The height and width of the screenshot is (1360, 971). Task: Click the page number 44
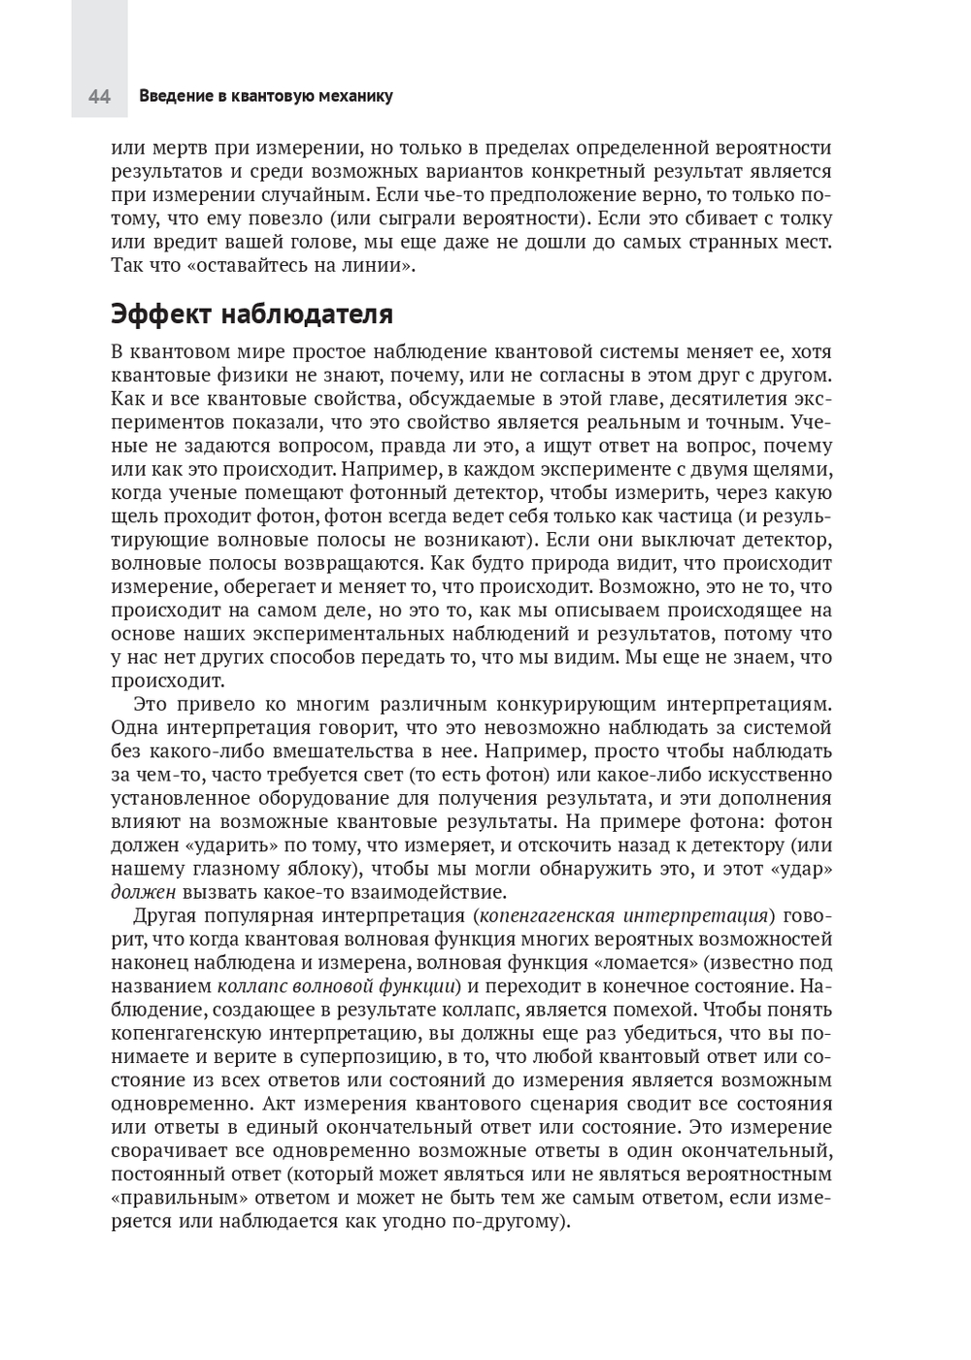coord(99,96)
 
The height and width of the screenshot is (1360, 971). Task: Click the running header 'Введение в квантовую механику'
coord(265,96)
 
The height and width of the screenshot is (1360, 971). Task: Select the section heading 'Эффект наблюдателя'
coord(251,315)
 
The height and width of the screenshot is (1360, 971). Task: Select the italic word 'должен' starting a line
coord(143,892)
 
